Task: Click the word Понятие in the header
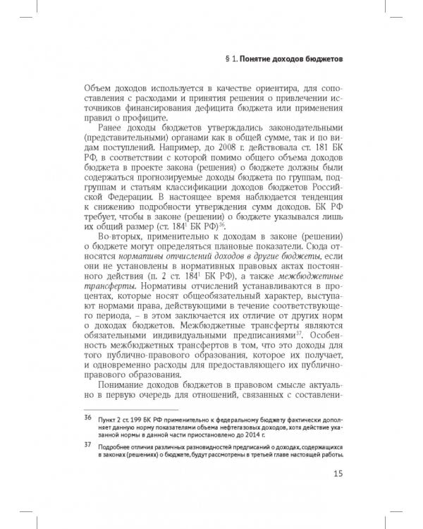[259, 60]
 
